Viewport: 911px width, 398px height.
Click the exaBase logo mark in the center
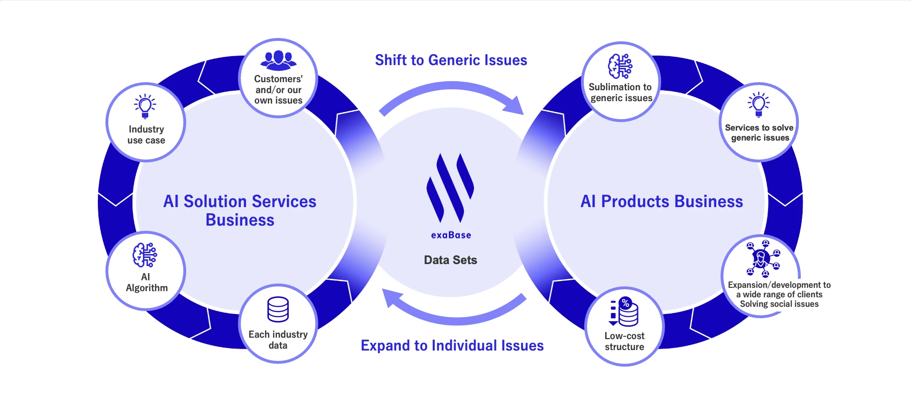coord(450,188)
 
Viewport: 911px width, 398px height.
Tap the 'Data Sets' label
coord(450,260)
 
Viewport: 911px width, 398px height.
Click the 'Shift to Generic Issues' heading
coord(451,60)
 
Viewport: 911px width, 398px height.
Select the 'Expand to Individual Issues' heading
coord(452,345)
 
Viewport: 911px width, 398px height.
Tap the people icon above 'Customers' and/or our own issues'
coord(278,60)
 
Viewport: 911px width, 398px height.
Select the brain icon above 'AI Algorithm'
coord(145,256)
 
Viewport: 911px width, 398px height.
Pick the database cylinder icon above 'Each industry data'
coord(278,310)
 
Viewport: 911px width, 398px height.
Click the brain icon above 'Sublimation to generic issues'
coord(620,66)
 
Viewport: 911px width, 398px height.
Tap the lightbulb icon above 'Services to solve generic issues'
coord(759,104)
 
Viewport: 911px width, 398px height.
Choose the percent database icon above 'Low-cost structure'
coord(624,312)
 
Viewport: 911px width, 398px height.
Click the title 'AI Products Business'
coord(662,201)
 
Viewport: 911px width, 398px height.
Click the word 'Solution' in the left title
coord(215,201)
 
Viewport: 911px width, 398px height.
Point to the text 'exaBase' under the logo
coord(451,235)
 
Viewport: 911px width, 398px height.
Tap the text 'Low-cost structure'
coord(624,341)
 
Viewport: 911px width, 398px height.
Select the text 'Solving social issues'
coord(779,304)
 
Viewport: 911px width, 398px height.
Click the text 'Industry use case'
coord(146,134)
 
